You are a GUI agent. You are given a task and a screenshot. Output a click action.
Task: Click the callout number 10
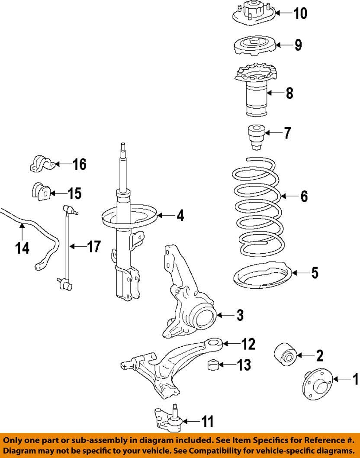point(300,13)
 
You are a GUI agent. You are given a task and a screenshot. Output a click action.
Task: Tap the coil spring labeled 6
point(258,206)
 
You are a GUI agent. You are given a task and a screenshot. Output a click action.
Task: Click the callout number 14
point(22,248)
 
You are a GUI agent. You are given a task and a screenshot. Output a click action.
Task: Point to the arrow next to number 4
point(165,215)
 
